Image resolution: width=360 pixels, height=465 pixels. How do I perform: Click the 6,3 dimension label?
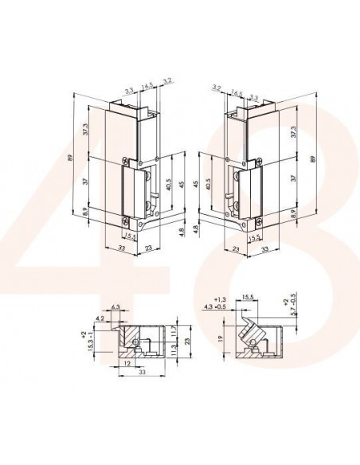116,306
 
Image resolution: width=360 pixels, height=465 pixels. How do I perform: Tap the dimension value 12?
129,364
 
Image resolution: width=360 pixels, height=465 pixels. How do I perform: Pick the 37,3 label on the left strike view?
85,128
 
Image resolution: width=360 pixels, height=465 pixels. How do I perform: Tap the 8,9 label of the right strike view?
294,213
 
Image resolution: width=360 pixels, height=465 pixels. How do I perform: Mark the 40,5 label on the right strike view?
208,184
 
